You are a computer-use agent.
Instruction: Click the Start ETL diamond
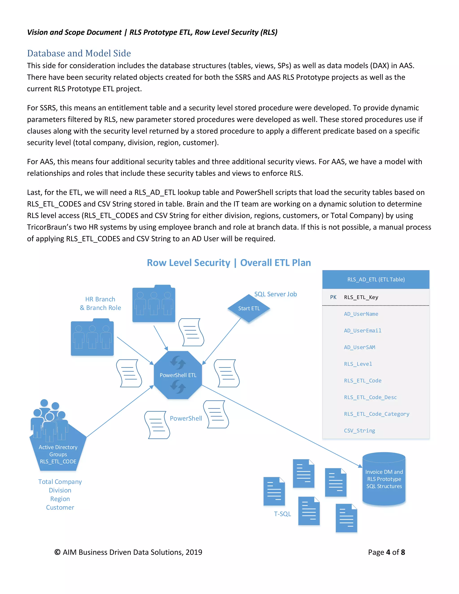pos(249,308)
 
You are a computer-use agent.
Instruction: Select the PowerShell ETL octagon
pos(178,375)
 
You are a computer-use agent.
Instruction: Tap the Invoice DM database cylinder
pos(384,479)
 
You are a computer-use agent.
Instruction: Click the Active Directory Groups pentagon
pos(58,451)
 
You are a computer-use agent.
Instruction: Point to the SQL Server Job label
pos(275,294)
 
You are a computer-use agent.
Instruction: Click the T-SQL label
pos(282,514)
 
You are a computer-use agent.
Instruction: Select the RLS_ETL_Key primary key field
pos(361,297)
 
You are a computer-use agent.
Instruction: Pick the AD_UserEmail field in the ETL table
pos(362,330)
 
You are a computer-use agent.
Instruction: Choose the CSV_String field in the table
pos(359,431)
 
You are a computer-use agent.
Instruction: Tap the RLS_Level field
pos(358,364)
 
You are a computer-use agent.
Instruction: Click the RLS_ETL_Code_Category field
pos(376,414)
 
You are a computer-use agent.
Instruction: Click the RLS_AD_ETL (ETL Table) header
pos(376,279)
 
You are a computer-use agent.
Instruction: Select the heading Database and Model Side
pos(79,53)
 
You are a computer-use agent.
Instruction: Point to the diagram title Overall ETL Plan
pos(275,263)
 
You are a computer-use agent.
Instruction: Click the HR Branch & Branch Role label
pos(100,304)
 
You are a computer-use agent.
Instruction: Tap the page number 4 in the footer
pos(388,552)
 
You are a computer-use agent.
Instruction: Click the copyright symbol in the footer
pos(57,552)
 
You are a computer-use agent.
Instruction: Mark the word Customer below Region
pos(60,507)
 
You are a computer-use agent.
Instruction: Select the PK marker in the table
pos(333,297)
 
